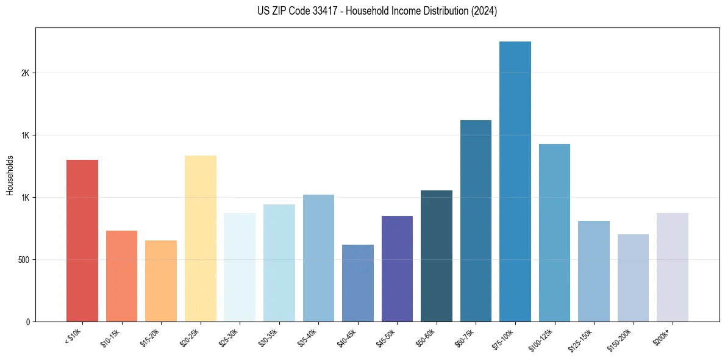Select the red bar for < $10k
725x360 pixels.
coord(82,240)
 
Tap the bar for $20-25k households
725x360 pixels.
coord(201,239)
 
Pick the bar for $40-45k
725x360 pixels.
coord(358,283)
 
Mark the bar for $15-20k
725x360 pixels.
coord(161,281)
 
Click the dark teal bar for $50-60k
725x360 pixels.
coord(437,256)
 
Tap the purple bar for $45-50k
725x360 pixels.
coord(397,269)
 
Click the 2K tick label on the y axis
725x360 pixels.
coord(25,73)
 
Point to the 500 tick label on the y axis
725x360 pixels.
coord(23,260)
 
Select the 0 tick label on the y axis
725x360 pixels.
coord(27,322)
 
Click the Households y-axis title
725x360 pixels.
coord(10,175)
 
